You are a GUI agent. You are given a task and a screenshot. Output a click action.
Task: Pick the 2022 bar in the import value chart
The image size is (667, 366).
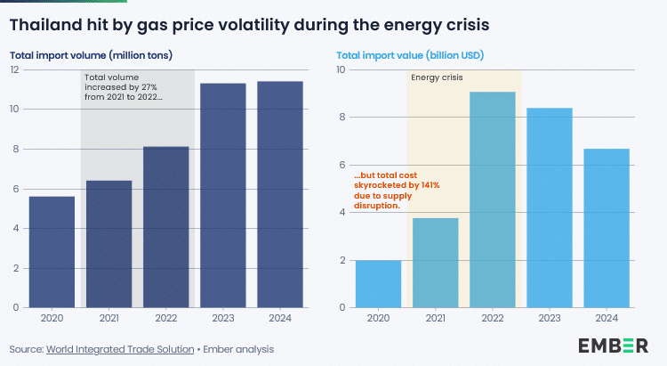pyautogui.click(x=492, y=200)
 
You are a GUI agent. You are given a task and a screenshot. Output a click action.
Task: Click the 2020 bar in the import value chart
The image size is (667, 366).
pyautogui.click(x=378, y=284)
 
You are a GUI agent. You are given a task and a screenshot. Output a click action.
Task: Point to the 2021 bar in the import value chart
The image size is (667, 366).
pyautogui.click(x=435, y=263)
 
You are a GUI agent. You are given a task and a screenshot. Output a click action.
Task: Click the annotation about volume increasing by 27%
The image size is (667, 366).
pyautogui.click(x=124, y=86)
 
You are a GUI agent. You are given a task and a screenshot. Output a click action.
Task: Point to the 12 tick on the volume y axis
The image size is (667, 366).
pyautogui.click(x=15, y=69)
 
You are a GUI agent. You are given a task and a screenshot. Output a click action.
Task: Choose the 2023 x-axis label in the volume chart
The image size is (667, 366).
pyautogui.click(x=222, y=318)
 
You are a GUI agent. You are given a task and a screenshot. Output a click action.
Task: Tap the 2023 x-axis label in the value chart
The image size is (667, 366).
pyautogui.click(x=549, y=318)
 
